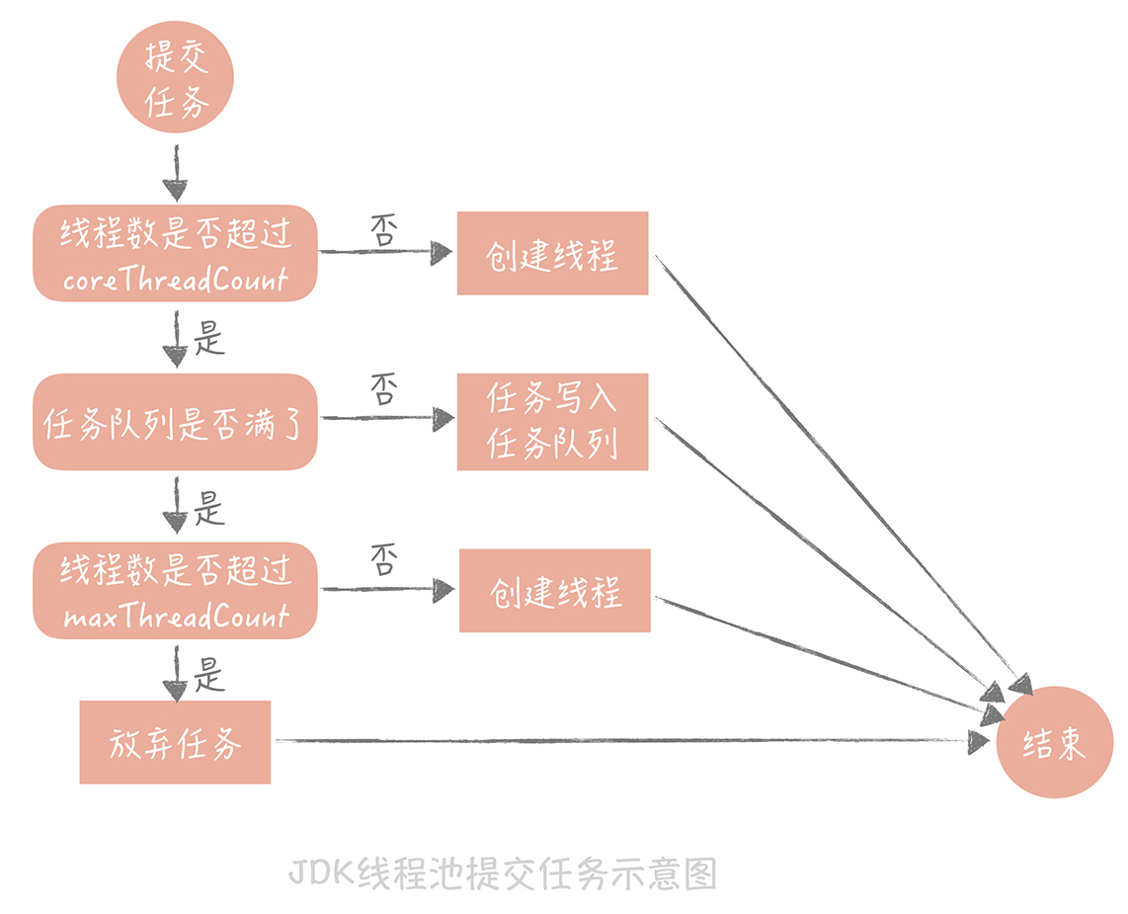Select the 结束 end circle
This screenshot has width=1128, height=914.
click(x=1055, y=743)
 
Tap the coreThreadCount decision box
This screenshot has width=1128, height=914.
click(x=175, y=253)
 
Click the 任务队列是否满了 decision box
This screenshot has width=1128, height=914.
click(x=175, y=422)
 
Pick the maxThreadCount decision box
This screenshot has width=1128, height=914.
click(x=175, y=590)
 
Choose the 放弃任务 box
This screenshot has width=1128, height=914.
click(x=175, y=742)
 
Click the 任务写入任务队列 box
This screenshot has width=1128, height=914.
click(x=552, y=422)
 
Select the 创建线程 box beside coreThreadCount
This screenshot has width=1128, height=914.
click(x=552, y=253)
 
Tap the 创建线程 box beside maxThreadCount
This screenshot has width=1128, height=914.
click(x=554, y=591)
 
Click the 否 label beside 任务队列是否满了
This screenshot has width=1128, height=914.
click(x=383, y=389)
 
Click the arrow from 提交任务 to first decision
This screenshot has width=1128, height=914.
click(x=175, y=174)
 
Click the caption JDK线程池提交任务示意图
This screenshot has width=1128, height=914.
click(x=502, y=873)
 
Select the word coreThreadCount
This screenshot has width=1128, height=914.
click(x=175, y=280)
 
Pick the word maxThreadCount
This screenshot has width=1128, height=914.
click(x=176, y=618)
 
